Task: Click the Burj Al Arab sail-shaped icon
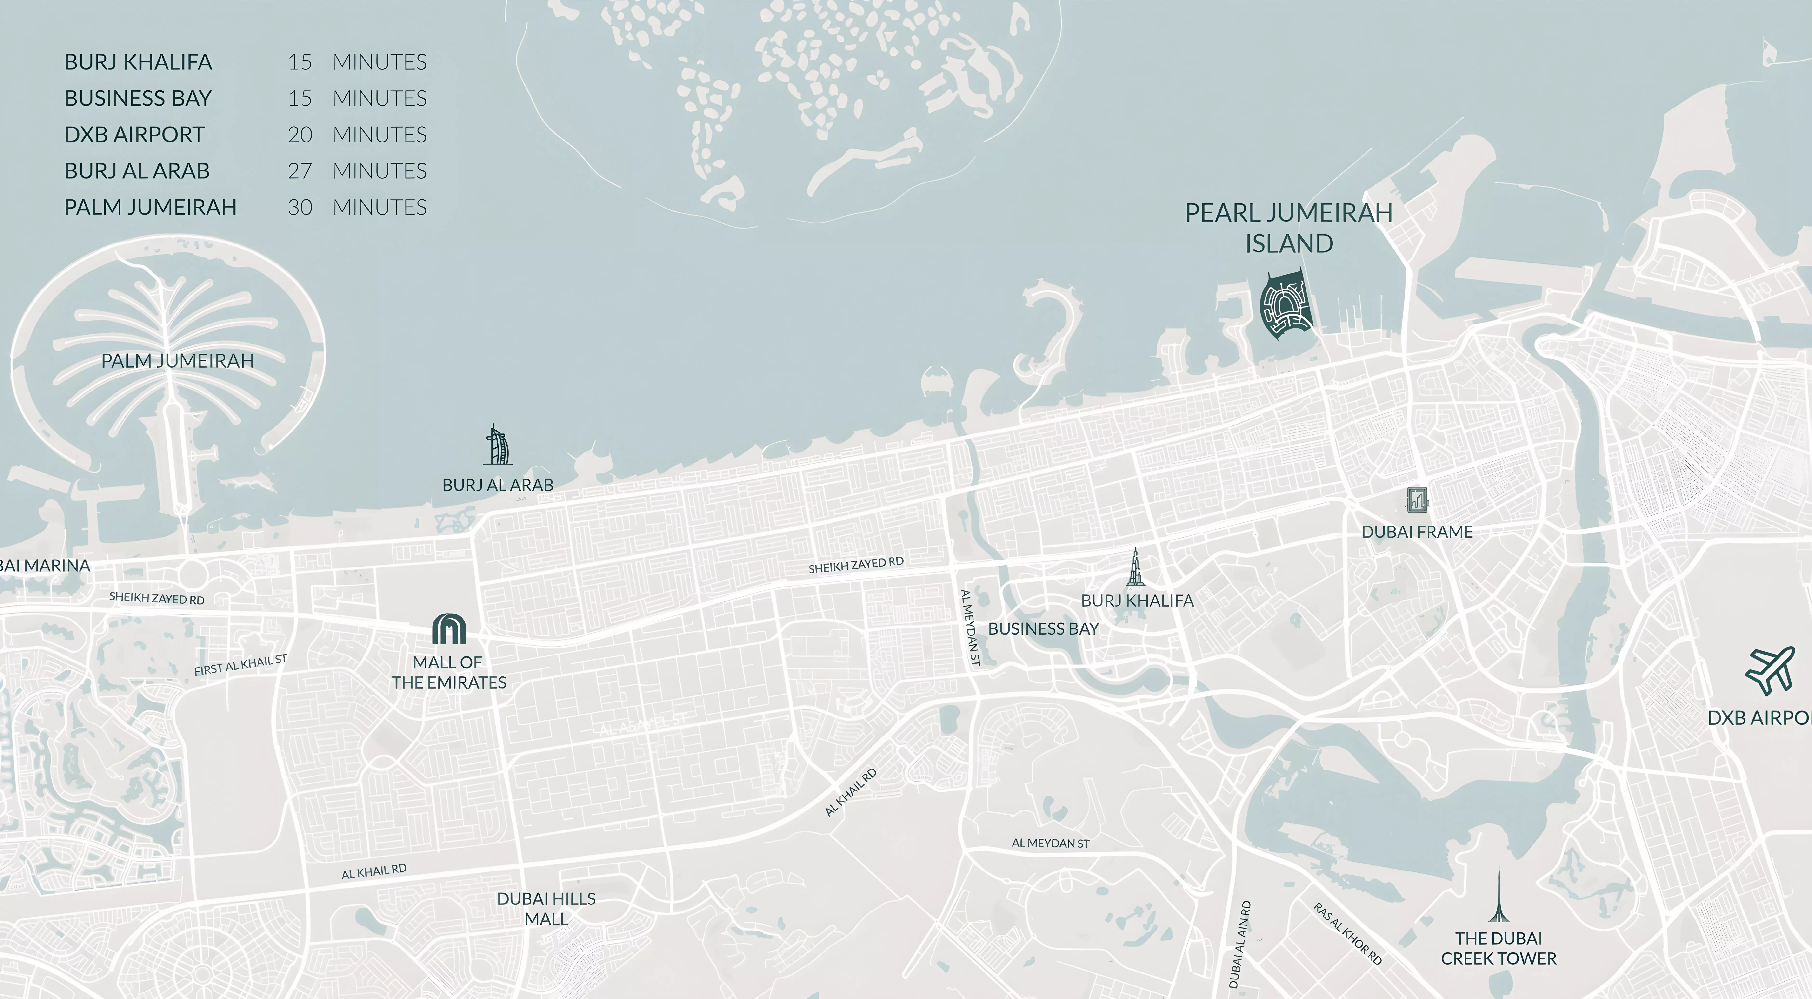[x=498, y=445]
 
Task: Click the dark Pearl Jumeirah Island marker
[x=1286, y=306]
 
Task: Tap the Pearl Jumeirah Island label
[x=1289, y=228]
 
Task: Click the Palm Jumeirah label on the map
[x=177, y=361]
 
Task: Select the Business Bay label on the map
[x=1043, y=629]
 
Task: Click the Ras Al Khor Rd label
[x=1347, y=934]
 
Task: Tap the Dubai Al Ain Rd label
[x=1239, y=944]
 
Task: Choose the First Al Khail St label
[x=240, y=665]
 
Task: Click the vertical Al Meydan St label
[x=971, y=628]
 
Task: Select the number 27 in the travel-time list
[x=300, y=171]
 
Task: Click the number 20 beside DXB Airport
[x=300, y=134]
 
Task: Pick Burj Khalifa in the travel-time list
[x=138, y=62]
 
